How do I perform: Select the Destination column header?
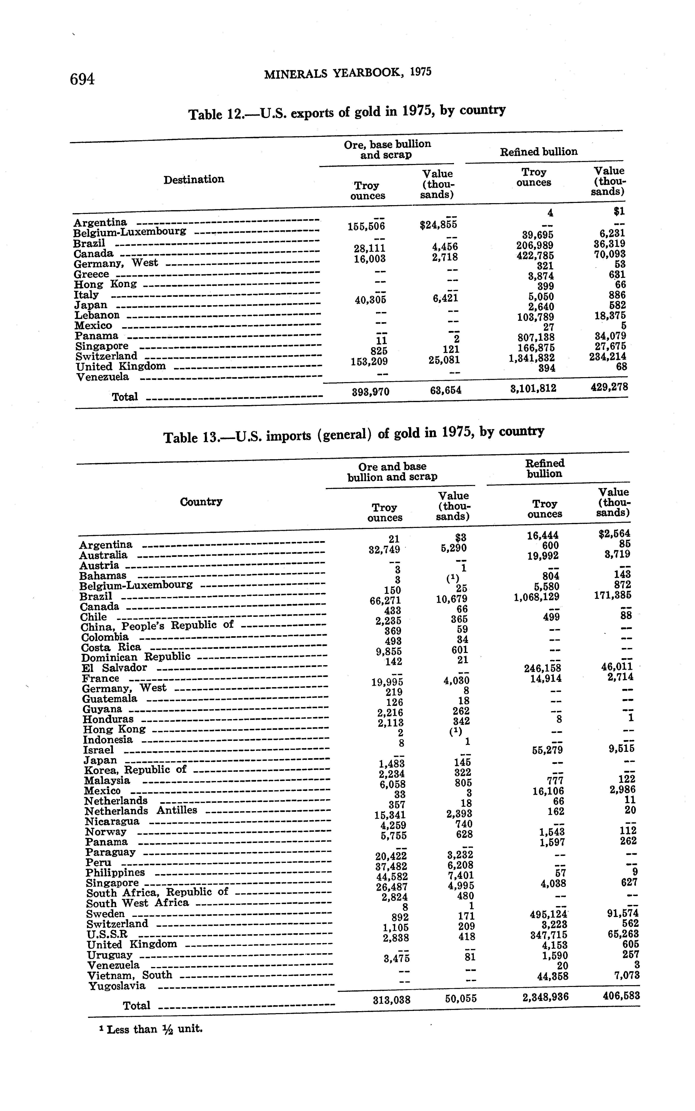coord(193,179)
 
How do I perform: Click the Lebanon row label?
coord(97,315)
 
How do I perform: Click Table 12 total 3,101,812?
coord(533,388)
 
